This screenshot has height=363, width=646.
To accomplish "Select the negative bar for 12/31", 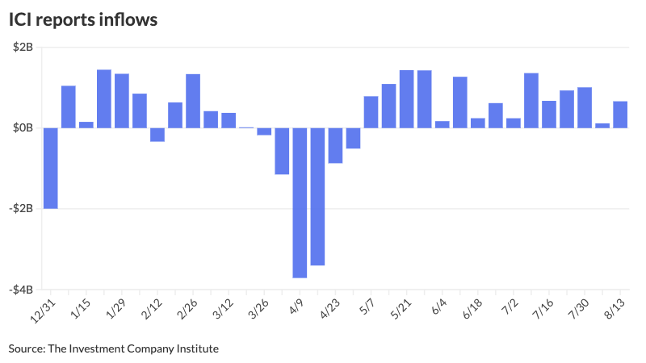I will pos(51,168).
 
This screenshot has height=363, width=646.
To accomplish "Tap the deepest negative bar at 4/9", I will pos(300,202).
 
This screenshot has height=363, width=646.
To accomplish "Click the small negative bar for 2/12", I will pos(157,135).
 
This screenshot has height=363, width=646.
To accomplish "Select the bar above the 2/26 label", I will pos(193,101).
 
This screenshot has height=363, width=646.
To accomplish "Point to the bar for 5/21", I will pos(406,99).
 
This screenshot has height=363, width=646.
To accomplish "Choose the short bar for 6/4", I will pos(442,124).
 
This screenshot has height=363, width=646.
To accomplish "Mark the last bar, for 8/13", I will pos(620,115).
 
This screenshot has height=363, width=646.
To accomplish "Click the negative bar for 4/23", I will pos(335,145).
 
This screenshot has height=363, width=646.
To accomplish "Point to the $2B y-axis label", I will pos(22,48).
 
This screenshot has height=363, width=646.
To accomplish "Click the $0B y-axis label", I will pos(22,128).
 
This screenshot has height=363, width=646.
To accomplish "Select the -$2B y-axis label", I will pos(20,209).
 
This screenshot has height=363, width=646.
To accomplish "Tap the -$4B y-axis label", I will pos(20,290).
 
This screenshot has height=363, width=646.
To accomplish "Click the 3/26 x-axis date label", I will pos(258,311).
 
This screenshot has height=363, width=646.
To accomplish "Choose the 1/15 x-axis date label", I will pos(80,311).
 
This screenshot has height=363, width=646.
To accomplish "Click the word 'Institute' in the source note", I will pos(197,348).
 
